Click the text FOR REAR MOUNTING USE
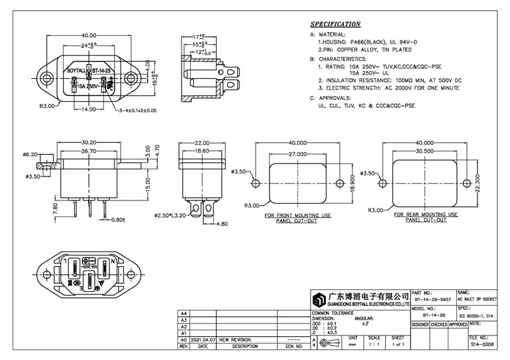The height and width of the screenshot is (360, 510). point(424,215)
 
